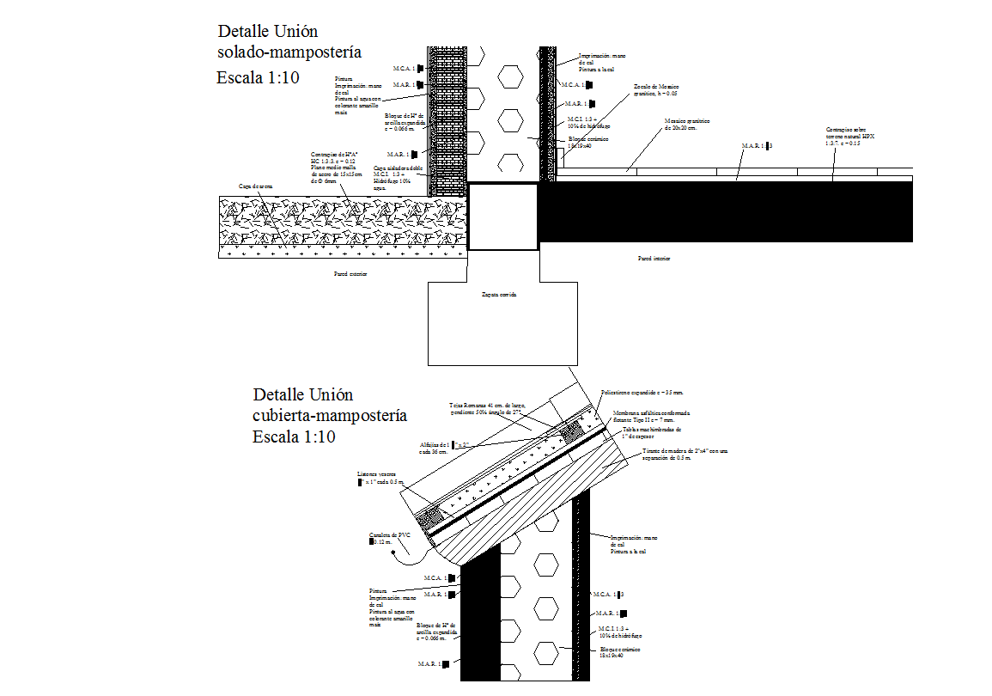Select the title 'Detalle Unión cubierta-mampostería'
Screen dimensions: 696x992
point(329,405)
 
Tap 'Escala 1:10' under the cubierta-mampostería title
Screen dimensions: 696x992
point(293,437)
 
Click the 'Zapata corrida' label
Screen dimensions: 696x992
point(498,294)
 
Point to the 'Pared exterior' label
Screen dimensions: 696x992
point(350,274)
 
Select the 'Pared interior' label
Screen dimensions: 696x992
point(654,258)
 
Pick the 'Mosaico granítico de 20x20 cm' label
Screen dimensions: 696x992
point(687,125)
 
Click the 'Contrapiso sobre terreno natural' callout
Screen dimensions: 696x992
point(854,137)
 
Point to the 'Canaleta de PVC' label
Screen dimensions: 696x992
point(390,538)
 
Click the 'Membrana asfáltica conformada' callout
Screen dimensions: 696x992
point(651,416)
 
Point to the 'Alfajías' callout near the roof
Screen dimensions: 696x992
point(442,448)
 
